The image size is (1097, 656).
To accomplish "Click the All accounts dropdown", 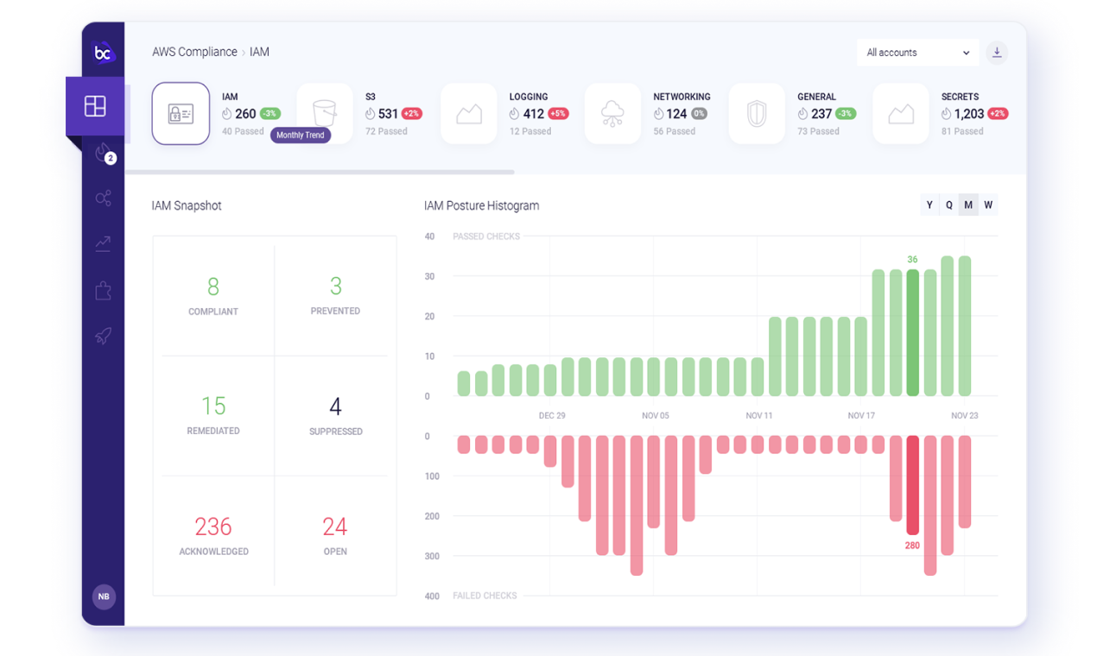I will [917, 53].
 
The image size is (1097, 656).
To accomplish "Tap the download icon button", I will [997, 53].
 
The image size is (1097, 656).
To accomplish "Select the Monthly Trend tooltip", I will [301, 136].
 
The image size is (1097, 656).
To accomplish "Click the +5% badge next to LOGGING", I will [558, 114].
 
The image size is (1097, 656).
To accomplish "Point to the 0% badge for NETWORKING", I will [699, 114].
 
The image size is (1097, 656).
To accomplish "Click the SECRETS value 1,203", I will [969, 114].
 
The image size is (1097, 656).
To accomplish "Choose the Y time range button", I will [929, 205].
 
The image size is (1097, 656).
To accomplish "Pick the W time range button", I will [988, 205].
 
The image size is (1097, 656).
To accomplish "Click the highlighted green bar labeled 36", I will [913, 332].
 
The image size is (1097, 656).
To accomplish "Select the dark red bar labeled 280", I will [913, 484].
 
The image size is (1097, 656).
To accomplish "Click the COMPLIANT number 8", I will [213, 287].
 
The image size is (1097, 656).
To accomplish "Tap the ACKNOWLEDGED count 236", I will [213, 527].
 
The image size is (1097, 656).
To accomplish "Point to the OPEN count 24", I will [335, 527].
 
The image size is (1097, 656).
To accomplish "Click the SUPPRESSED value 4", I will [335, 407].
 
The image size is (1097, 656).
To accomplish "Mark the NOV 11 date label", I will [759, 416].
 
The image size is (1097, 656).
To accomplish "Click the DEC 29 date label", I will [552, 416].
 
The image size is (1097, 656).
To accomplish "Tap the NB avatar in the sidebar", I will [104, 596].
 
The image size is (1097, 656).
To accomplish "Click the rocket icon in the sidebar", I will [104, 336].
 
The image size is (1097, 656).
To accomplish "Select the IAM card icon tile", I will [181, 114].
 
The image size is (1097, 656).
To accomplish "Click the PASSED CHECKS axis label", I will [486, 237].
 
